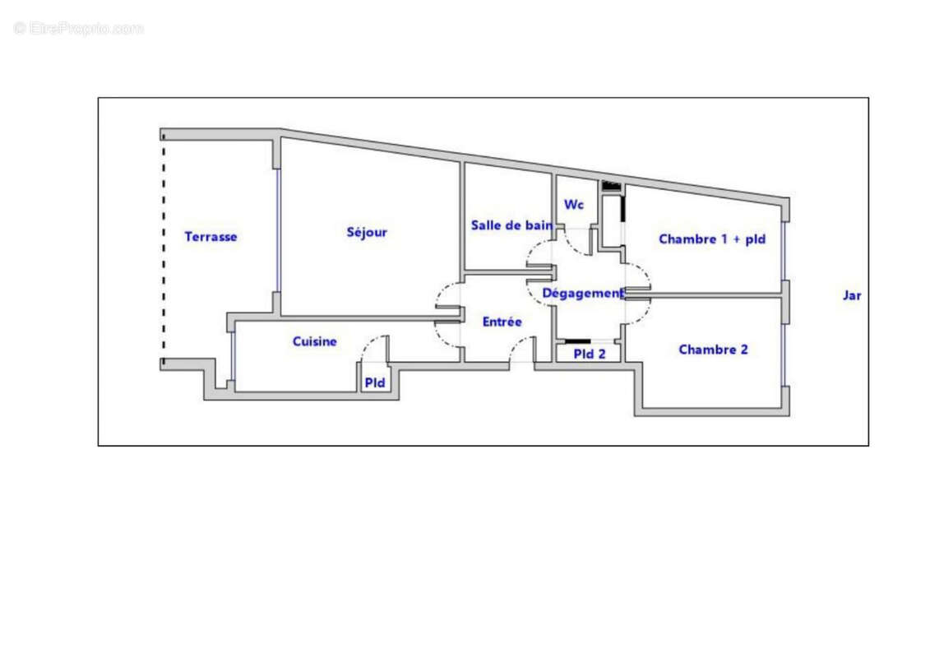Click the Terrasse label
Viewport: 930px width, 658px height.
[211, 237]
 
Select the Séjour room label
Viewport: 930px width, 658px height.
[367, 233]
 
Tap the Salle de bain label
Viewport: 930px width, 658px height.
[511, 225]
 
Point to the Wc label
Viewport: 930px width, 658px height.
[574, 205]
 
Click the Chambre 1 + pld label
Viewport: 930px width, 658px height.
[712, 239]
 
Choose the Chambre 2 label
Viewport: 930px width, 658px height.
[713, 350]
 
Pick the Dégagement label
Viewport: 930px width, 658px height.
[582, 294]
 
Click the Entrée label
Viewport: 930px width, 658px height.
[502, 322]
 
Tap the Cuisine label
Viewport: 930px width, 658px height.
[315, 341]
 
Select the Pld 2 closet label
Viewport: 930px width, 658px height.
[590, 354]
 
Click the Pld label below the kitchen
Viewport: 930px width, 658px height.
[375, 382]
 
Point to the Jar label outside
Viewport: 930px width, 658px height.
[852, 295]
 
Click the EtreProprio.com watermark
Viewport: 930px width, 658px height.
[79, 29]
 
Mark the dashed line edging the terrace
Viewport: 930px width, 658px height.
[163, 247]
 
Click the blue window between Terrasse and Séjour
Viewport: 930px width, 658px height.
[277, 230]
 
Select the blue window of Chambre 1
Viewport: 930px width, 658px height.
[784, 251]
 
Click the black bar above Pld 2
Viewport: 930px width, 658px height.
[578, 341]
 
